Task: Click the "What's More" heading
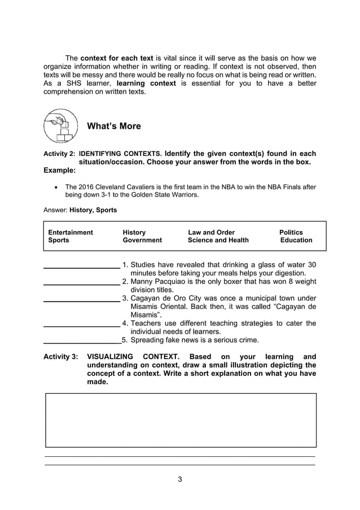(114, 126)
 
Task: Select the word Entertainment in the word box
(71, 232)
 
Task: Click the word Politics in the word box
(291, 232)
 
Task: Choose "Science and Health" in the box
(218, 240)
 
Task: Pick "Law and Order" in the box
(211, 232)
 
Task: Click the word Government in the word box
(142, 240)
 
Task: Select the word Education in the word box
(296, 240)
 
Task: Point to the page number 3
(180, 480)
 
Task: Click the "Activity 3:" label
(61, 357)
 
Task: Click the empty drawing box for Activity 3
(180, 420)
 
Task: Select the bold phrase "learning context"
(146, 83)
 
